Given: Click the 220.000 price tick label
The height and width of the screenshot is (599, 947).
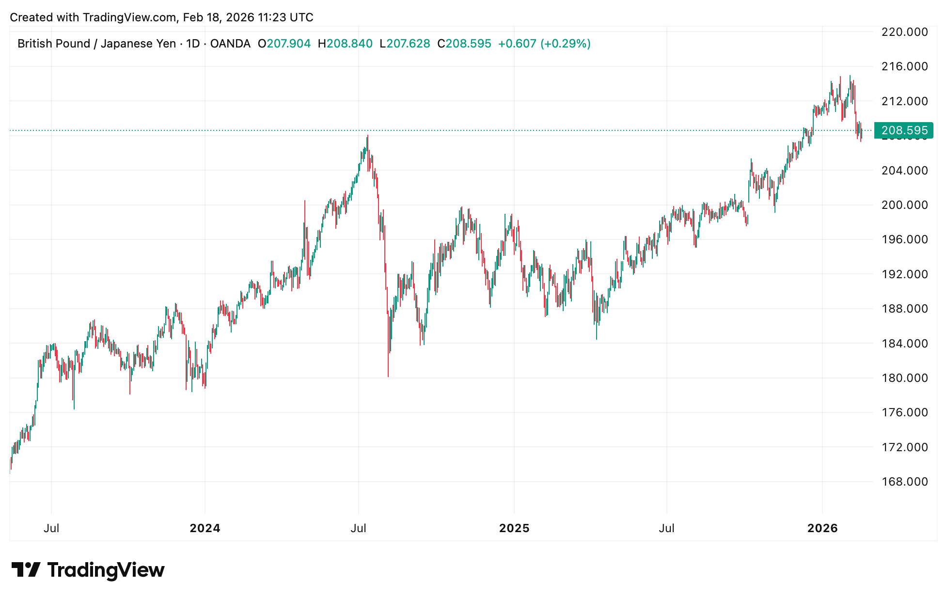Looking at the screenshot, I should click(904, 32).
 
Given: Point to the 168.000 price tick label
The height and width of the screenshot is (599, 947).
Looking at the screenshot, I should click(904, 481).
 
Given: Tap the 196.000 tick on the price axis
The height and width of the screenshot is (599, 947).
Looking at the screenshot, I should click(904, 239).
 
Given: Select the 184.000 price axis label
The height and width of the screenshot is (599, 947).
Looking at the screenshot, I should click(904, 343).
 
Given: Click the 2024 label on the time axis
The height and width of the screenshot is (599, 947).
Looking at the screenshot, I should click(205, 528).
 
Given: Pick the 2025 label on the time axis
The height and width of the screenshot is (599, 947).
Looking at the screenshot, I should click(514, 528).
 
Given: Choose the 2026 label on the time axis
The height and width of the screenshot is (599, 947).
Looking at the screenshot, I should click(822, 528).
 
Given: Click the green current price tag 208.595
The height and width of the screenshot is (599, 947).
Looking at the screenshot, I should click(904, 130).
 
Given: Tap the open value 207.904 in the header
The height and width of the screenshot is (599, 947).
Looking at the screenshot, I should click(289, 44).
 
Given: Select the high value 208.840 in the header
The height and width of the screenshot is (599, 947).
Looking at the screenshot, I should click(349, 44).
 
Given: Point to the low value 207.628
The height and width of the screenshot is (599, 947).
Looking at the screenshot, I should click(408, 44).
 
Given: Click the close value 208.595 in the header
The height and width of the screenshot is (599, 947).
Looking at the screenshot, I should click(468, 44).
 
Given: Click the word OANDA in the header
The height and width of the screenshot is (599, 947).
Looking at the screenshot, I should click(230, 44).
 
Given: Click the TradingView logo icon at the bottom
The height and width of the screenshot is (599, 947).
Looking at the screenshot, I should click(26, 570).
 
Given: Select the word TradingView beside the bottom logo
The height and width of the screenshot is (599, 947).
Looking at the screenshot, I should click(106, 570).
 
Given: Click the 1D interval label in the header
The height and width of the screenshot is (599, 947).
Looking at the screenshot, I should click(193, 44).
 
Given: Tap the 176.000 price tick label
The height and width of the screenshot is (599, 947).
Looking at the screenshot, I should click(904, 412).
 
